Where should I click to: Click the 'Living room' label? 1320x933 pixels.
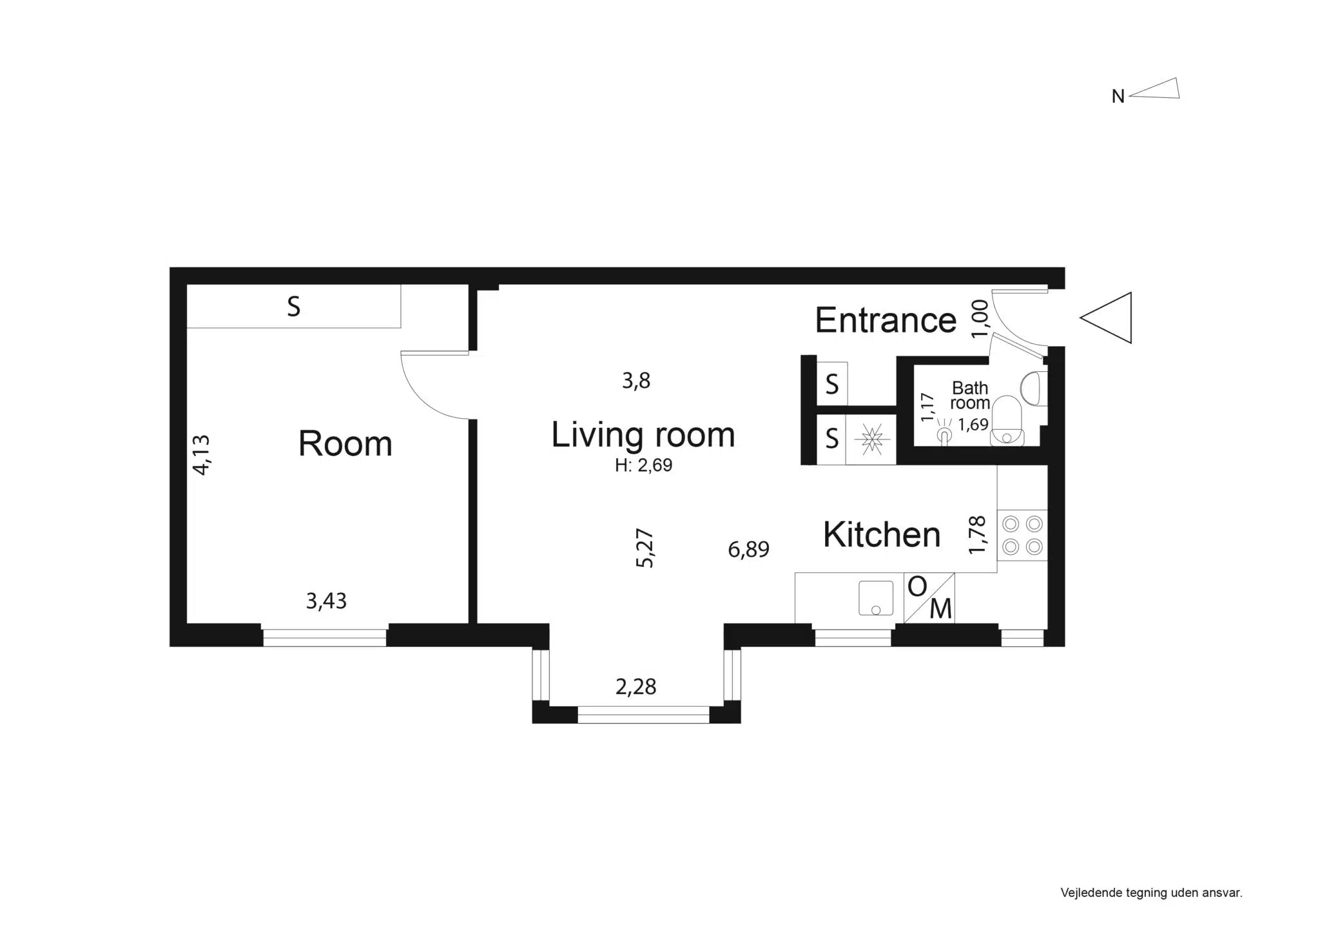click(643, 434)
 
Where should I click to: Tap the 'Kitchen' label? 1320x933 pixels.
click(882, 535)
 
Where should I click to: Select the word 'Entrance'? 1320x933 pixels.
click(886, 320)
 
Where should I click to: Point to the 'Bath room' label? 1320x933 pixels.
click(970, 395)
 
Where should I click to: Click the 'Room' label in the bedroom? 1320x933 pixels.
click(345, 443)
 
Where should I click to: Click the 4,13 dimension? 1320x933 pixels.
click(202, 455)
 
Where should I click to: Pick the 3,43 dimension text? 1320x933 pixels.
click(326, 601)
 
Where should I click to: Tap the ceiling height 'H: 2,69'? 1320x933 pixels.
click(643, 465)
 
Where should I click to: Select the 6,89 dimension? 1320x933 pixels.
click(748, 550)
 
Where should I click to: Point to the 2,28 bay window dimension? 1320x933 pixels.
click(636, 687)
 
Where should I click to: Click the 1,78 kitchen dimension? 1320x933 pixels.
click(978, 534)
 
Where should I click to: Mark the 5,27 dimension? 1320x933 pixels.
click(645, 548)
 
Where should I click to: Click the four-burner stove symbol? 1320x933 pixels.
click(1022, 535)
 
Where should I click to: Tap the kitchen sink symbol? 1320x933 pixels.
click(875, 598)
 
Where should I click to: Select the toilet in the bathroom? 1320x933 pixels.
click(1007, 421)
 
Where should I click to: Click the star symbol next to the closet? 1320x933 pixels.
click(871, 439)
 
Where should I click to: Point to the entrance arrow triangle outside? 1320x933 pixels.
click(1106, 318)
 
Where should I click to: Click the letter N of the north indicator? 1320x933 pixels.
click(1118, 97)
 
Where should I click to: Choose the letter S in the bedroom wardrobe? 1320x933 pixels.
click(293, 307)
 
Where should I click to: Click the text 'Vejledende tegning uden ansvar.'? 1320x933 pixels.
click(1151, 893)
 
